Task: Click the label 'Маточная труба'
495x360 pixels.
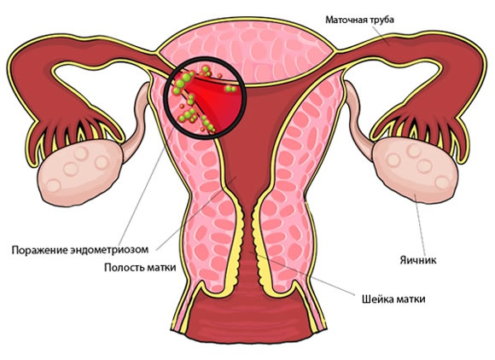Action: (359, 20)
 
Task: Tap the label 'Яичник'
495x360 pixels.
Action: (418, 260)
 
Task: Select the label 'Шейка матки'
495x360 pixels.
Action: (393, 299)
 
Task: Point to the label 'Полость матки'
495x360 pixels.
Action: (140, 268)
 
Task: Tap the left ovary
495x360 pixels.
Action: (80, 172)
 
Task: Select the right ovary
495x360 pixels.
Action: (415, 170)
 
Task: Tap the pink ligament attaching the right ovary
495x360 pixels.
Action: (358, 121)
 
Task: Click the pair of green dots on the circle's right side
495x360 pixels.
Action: (230, 90)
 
